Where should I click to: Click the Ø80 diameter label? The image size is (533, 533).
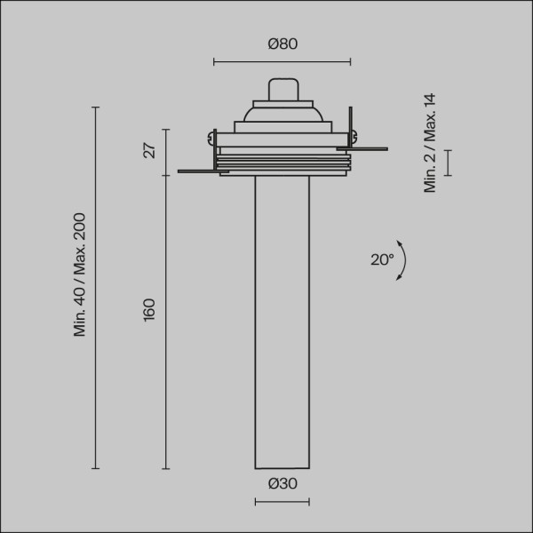[282, 44]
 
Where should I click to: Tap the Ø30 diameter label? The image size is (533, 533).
[282, 484]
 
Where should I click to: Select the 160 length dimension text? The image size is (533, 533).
[149, 310]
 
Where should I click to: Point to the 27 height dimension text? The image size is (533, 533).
[149, 150]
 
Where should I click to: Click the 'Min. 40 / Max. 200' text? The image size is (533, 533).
[80, 274]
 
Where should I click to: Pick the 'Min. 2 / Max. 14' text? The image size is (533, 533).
[431, 142]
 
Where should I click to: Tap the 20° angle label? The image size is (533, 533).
[382, 259]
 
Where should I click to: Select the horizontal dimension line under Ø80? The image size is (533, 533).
[282, 62]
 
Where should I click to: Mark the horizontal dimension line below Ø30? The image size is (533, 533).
[282, 503]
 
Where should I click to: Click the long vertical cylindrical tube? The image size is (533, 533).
[282, 320]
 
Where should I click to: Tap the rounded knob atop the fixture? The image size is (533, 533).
[282, 90]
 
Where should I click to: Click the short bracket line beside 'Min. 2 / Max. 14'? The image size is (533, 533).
[448, 163]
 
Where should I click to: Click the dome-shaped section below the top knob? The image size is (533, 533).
[282, 111]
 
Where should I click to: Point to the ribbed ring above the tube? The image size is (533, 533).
[282, 162]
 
